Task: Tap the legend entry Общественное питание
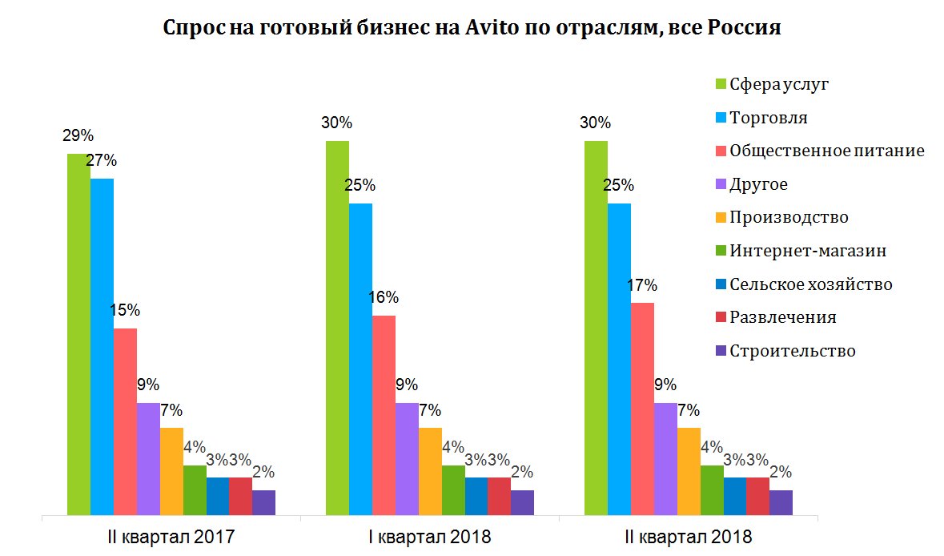[827, 151]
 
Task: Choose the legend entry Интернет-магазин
[808, 251]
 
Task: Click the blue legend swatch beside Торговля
[720, 118]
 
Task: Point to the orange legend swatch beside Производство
[720, 218]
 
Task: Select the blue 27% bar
[102, 344]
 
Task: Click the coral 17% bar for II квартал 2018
[642, 408]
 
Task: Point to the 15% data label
[125, 310]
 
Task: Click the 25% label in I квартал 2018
[360, 185]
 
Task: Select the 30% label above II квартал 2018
[596, 123]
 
